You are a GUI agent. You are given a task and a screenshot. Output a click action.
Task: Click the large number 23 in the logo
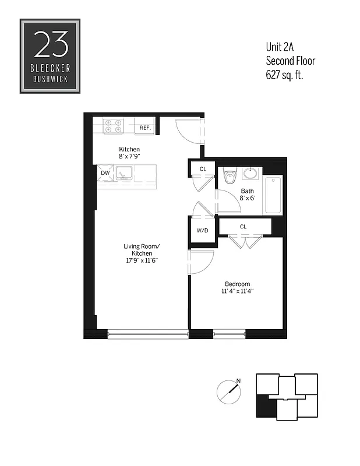pos(50,44)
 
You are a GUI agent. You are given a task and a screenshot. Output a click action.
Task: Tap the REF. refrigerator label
pos(145,127)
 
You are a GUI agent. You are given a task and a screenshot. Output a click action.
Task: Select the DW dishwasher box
pos(105,173)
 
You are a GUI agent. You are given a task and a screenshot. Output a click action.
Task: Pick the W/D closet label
pos(202,230)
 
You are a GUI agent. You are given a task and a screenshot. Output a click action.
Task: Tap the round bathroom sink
pos(250,173)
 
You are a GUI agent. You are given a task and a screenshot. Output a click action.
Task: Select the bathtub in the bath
pos(273,195)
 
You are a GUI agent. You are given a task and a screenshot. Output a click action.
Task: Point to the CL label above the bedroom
pos(243,226)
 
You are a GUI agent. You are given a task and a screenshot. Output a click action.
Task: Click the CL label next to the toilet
pos(203,169)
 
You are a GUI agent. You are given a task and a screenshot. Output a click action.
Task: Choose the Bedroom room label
pos(235,284)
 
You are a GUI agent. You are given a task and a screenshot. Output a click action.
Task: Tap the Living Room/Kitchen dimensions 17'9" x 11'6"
pos(140,260)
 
